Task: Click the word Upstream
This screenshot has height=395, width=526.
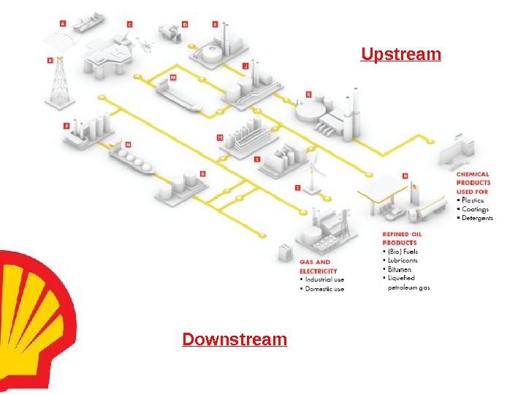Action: point(401,55)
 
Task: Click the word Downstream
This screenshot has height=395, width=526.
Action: point(235,340)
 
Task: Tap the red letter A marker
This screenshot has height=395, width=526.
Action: point(62,24)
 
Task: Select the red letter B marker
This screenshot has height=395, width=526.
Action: point(50,61)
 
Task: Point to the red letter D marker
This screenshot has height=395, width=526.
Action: point(185,24)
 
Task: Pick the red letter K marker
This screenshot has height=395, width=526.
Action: point(308,94)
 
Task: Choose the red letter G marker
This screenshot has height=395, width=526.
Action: point(202,173)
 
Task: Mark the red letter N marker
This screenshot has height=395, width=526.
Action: point(405,176)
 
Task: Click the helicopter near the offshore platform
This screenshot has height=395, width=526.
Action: point(146,47)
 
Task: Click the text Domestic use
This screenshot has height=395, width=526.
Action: point(324,289)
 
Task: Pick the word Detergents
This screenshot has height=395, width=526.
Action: point(477,218)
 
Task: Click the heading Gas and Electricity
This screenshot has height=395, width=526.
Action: point(315,266)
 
